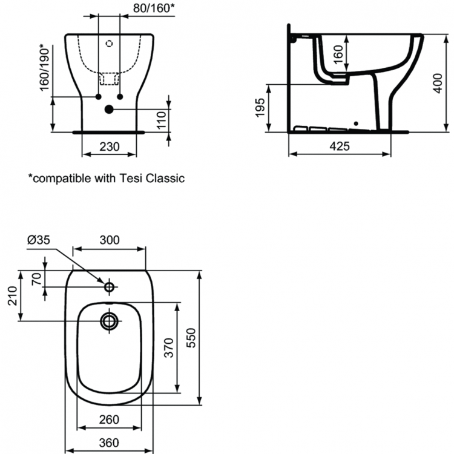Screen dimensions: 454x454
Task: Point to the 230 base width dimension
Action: pos(110,146)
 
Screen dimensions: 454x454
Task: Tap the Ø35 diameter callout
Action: pos(40,240)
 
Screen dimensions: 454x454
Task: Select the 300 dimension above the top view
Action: pos(110,240)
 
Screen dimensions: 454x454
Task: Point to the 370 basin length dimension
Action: pos(168,347)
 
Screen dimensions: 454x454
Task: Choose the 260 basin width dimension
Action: pos(109,418)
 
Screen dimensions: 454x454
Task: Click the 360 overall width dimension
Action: pos(109,442)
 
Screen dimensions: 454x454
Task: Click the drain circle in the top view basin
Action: pos(110,320)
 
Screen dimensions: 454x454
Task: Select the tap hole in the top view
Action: pos(110,286)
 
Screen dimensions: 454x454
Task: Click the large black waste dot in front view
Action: pos(110,110)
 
